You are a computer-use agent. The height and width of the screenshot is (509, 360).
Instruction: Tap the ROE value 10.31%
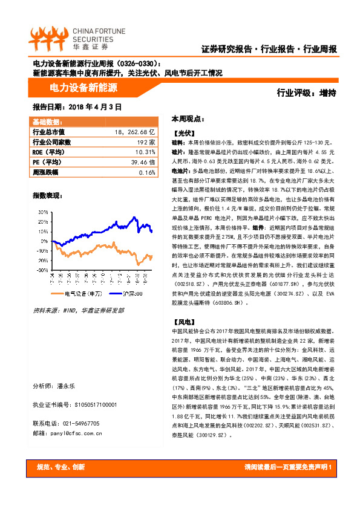point(145,152)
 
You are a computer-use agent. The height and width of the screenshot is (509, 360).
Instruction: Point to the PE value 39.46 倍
point(144,162)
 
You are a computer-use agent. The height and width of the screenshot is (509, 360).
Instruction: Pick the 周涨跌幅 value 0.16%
point(147,172)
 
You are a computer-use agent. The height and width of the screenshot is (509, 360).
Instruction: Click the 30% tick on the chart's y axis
point(43,212)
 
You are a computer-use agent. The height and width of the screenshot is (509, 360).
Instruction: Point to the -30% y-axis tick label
point(42,270)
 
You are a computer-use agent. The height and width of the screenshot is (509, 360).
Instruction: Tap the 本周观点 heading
point(188,118)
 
